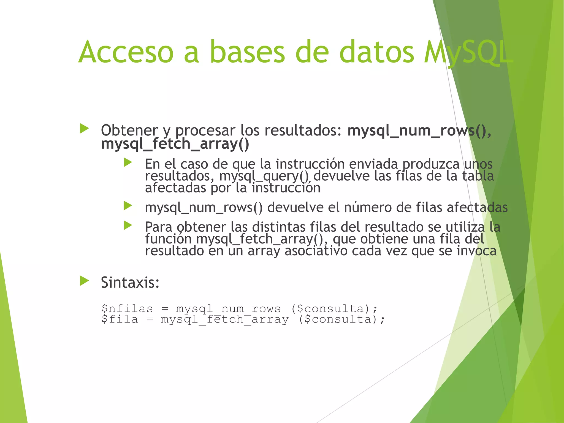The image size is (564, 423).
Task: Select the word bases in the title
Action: (x=247, y=52)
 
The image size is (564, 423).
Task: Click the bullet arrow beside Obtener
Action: (x=84, y=129)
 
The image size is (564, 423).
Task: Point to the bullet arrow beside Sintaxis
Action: (x=84, y=281)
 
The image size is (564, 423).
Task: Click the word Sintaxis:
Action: (x=130, y=283)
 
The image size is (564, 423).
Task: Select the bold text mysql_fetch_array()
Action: (x=175, y=144)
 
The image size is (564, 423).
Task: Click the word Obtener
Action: (x=129, y=131)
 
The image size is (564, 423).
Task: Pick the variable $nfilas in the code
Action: (x=127, y=309)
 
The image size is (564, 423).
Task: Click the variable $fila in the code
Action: (x=120, y=319)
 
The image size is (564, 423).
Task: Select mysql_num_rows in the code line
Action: (x=228, y=309)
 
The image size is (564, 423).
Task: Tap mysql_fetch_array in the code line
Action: (x=225, y=320)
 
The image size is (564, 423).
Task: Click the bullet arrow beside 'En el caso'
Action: (x=128, y=162)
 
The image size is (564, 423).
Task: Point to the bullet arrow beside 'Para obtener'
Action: (x=128, y=226)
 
